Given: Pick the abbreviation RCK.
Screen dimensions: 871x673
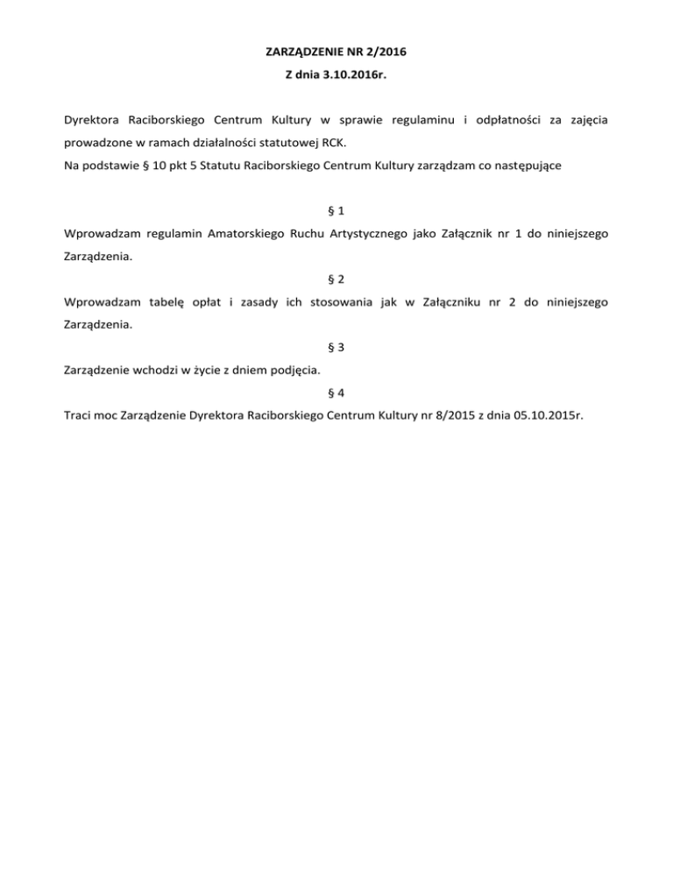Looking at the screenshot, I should [336, 141].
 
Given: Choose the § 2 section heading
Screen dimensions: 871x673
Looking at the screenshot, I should [336, 279].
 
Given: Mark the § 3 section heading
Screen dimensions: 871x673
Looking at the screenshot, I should [336, 347].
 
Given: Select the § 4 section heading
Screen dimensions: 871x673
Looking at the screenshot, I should [336, 393].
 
